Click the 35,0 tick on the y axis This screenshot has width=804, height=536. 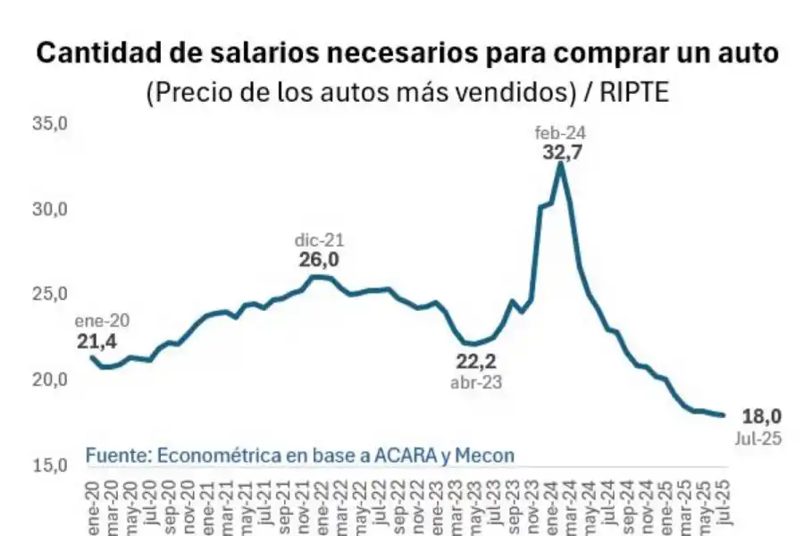pyautogui.click(x=51, y=123)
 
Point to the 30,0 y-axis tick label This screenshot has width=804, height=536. pyautogui.click(x=51, y=209)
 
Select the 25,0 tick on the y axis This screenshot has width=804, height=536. pyautogui.click(x=51, y=294)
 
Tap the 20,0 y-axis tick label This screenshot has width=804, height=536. pyautogui.click(x=51, y=380)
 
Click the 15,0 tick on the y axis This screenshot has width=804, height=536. pyautogui.click(x=51, y=465)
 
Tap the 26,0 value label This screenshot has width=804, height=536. pyautogui.click(x=318, y=260)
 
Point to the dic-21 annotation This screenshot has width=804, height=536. pyautogui.click(x=319, y=240)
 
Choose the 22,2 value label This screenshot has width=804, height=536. pyautogui.click(x=475, y=362)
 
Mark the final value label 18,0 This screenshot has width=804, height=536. pyautogui.click(x=761, y=415)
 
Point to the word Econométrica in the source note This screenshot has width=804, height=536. pyautogui.click(x=210, y=455)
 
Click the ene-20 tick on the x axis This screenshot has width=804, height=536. pyautogui.click(x=92, y=506)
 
